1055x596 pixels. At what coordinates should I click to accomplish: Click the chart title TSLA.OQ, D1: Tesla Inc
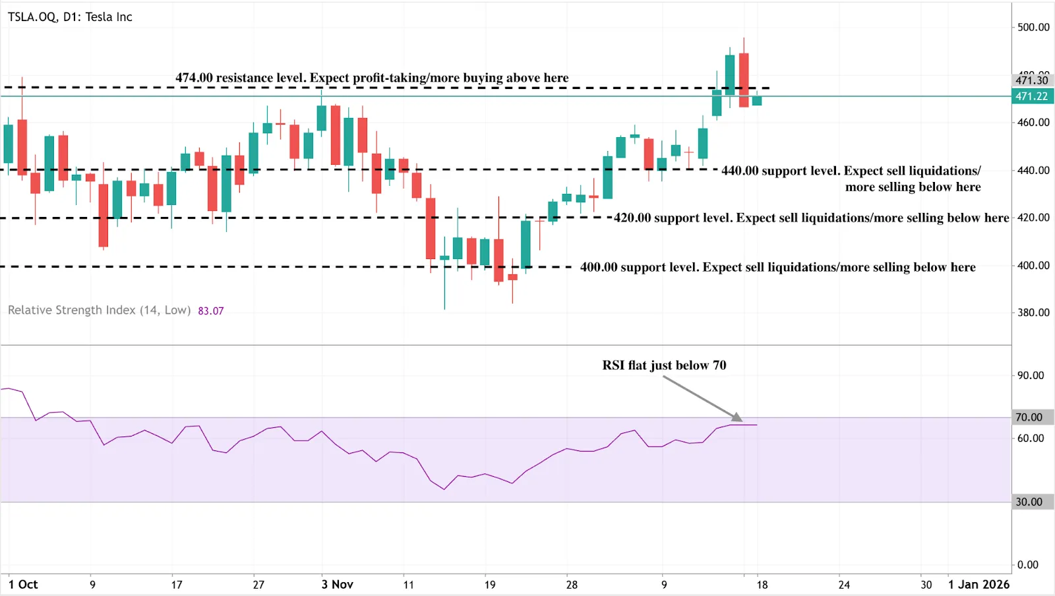pos(70,17)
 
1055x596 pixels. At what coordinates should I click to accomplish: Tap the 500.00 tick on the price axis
pos(1033,27)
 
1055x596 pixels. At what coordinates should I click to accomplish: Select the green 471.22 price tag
pos(1032,96)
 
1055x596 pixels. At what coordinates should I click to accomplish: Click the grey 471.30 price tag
pos(1032,80)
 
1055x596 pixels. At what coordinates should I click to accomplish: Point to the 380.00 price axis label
pos(1033,313)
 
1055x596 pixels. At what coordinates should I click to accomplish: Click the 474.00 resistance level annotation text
pos(372,78)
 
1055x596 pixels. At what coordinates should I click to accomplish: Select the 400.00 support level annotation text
pos(777,267)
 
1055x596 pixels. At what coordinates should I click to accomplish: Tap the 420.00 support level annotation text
pos(811,218)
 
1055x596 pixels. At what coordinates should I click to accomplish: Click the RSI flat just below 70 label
pos(664,365)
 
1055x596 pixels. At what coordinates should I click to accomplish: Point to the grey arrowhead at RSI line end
pos(737,417)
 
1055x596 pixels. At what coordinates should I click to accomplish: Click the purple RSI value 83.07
pos(211,311)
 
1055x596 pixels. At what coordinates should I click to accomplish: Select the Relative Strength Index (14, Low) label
pos(99,311)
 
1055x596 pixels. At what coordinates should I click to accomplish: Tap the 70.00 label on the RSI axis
pos(1029,417)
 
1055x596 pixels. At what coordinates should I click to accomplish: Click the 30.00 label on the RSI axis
pos(1029,502)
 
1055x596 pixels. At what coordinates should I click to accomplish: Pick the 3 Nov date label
pos(337,585)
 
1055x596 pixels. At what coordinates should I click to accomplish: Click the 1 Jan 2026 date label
pos(979,585)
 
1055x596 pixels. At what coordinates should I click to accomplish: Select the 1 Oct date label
pos(23,585)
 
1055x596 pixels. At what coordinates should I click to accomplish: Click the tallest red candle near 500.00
pos(744,80)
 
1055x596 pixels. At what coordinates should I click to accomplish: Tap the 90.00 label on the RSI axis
pos(1030,375)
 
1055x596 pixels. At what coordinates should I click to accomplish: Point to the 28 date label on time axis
pos(572,585)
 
